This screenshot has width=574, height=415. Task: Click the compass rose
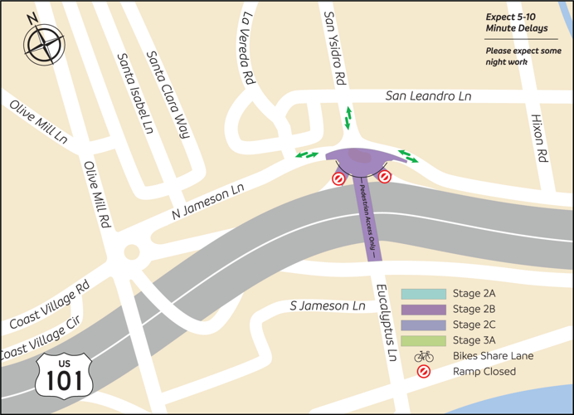click(44, 41)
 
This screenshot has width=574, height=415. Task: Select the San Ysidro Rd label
click(333, 49)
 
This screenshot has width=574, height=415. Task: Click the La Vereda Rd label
click(246, 49)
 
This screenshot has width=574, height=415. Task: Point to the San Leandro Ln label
click(428, 97)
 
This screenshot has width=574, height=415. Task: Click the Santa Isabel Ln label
click(135, 94)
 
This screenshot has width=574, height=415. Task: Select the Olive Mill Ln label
click(39, 124)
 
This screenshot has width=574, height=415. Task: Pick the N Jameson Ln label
click(207, 202)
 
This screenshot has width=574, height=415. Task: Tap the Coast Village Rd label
click(48, 307)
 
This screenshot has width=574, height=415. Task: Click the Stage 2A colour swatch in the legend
click(423, 294)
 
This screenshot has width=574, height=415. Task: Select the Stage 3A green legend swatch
click(423, 340)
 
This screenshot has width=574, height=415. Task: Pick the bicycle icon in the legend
click(424, 356)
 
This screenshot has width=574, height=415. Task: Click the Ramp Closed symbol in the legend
click(424, 372)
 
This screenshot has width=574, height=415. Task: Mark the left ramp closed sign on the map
click(338, 178)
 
